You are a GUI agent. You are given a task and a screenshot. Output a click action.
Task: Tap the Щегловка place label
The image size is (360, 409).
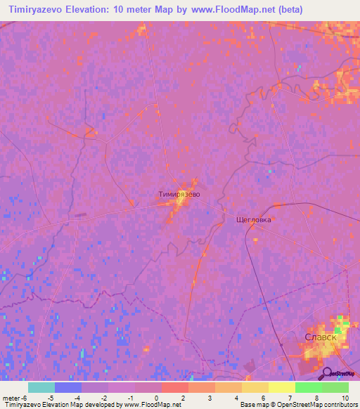[x=254, y=219]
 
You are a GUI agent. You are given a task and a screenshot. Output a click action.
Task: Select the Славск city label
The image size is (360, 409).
[x=321, y=337]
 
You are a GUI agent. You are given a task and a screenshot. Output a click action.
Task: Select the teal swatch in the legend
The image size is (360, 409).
[x=41, y=387]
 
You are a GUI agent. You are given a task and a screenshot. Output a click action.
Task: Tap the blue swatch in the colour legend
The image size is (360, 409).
[x=67, y=387]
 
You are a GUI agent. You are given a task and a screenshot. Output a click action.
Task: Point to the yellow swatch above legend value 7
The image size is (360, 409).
[x=281, y=387]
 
